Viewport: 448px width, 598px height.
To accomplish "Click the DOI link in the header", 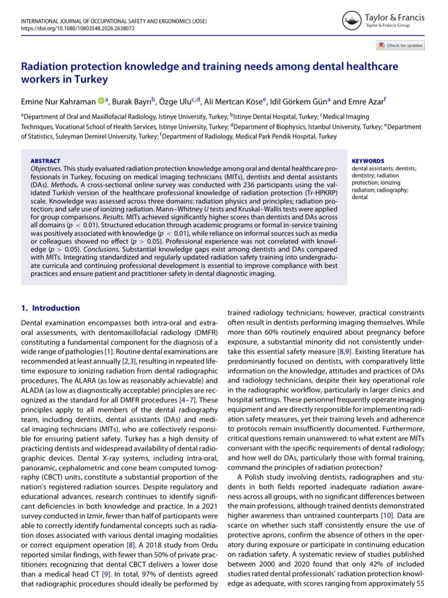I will [78, 29].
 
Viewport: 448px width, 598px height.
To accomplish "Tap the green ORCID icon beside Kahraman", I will [101, 101].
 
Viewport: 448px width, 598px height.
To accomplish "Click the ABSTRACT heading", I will [45, 161].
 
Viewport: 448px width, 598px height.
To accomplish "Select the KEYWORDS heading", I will [368, 161].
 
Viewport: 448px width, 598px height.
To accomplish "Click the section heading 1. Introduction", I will [51, 308].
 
